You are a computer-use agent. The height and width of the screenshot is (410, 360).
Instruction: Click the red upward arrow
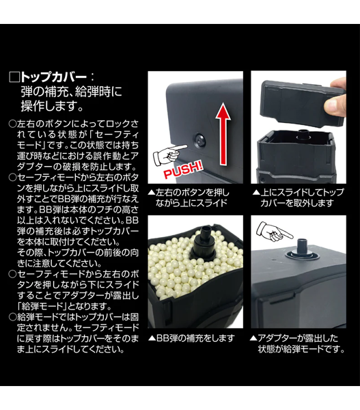pyautogui.click(x=223, y=134)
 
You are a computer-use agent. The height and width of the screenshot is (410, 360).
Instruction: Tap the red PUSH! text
pyautogui.click(x=183, y=169)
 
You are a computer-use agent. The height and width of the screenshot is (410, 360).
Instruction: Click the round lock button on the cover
pyautogui.click(x=200, y=141)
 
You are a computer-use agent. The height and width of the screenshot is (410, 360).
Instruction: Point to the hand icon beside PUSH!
pyautogui.click(x=169, y=155)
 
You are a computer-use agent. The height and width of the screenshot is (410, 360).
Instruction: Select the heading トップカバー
pyautogui.click(x=53, y=77)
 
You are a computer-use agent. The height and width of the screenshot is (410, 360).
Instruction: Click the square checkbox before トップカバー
pyautogui.click(x=14, y=77)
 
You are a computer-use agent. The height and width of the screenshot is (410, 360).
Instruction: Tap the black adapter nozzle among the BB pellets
pyautogui.click(x=204, y=241)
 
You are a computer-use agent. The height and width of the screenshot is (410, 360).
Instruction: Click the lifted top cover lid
pyautogui.click(x=302, y=103)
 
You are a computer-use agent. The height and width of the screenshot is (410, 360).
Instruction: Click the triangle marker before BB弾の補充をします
pyautogui.click(x=152, y=338)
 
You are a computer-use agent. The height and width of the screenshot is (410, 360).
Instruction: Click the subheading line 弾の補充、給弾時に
pyautogui.click(x=71, y=92)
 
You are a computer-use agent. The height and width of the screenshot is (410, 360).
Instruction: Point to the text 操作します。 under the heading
pyautogui.click(x=53, y=107)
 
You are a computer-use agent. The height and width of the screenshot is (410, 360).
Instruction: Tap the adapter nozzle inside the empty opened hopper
pyautogui.click(x=303, y=135)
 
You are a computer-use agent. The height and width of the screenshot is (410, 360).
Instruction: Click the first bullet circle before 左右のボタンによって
pyautogui.click(x=12, y=124)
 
